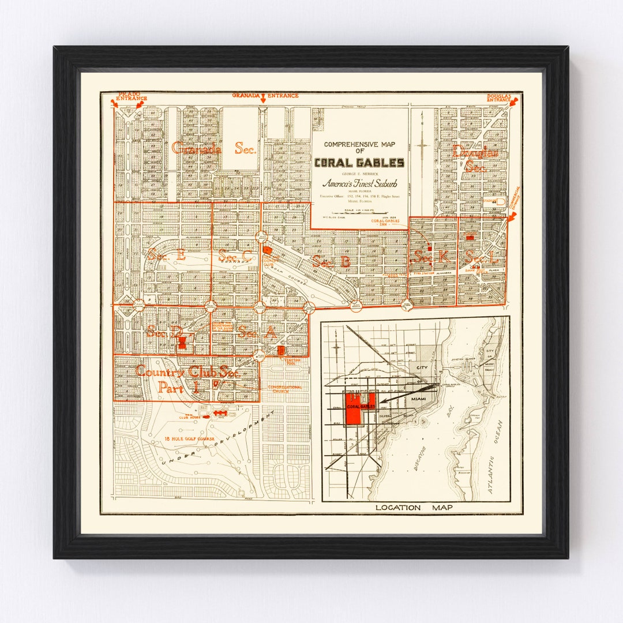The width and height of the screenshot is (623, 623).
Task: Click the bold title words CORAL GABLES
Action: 359,163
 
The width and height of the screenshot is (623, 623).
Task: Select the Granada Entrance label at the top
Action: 265,95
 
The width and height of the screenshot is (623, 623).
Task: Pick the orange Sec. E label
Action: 166,254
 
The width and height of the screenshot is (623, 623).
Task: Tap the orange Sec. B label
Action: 331,261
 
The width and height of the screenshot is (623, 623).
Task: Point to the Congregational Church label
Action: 284,389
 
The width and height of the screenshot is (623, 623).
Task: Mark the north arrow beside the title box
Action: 423,144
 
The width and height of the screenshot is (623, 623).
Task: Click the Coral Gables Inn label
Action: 386,222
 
